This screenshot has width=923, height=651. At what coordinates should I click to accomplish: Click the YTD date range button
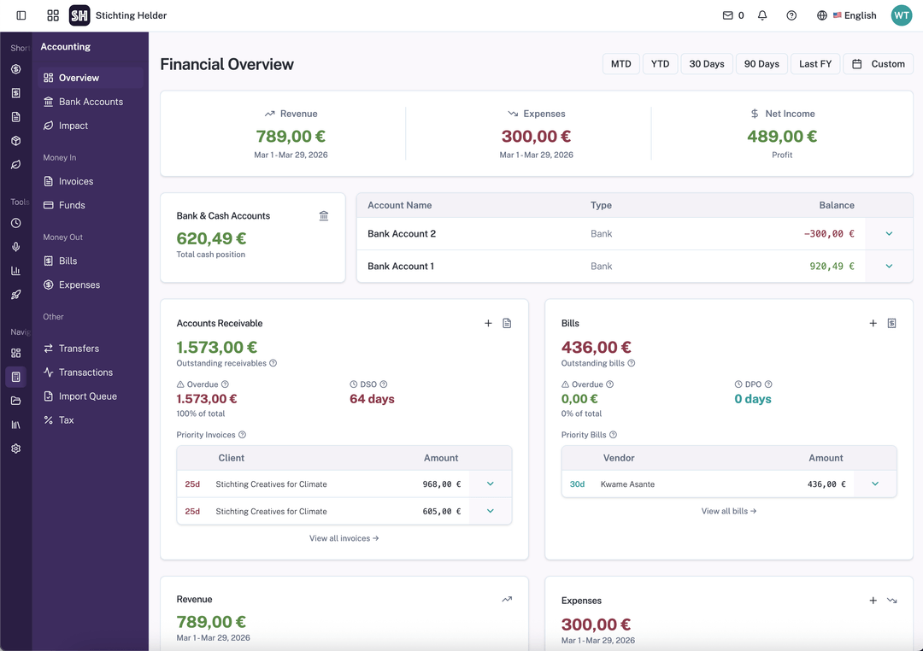click(660, 64)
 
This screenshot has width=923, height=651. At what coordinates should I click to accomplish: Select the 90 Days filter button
click(761, 64)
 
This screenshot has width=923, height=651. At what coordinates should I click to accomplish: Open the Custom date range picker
click(879, 64)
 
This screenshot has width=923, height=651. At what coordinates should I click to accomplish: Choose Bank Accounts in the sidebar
click(91, 102)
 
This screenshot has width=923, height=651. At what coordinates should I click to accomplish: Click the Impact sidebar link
click(73, 126)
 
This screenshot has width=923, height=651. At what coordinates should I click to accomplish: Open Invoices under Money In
click(76, 181)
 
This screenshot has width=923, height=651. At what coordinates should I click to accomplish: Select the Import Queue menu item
click(87, 396)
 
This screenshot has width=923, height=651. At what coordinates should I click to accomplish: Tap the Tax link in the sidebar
click(67, 420)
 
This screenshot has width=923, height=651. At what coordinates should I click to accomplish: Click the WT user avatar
click(902, 15)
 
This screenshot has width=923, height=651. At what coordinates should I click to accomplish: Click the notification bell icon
click(762, 15)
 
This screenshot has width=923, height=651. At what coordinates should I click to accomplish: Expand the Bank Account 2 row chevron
click(889, 234)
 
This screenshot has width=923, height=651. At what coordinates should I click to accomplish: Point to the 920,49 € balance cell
click(832, 267)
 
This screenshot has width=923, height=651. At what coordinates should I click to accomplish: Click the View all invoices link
click(344, 538)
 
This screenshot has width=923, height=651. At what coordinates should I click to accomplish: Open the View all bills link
click(729, 511)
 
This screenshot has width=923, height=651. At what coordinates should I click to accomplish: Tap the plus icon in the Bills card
click(873, 324)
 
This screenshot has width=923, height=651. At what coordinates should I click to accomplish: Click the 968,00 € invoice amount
click(441, 484)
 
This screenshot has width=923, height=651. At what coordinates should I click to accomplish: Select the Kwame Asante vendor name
click(627, 484)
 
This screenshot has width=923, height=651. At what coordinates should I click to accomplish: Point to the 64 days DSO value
click(372, 399)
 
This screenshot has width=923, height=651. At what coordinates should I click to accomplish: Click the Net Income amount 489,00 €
click(781, 137)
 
